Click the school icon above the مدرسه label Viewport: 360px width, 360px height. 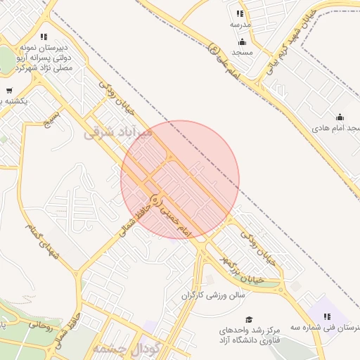point(240,13)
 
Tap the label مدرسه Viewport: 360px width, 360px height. point(240,24)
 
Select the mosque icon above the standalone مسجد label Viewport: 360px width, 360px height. point(242,41)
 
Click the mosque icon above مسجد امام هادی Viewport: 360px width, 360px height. point(340,117)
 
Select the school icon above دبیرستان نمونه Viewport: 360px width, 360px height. point(44,37)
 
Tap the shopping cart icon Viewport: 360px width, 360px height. point(9,90)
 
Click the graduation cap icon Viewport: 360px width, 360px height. point(248,320)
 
